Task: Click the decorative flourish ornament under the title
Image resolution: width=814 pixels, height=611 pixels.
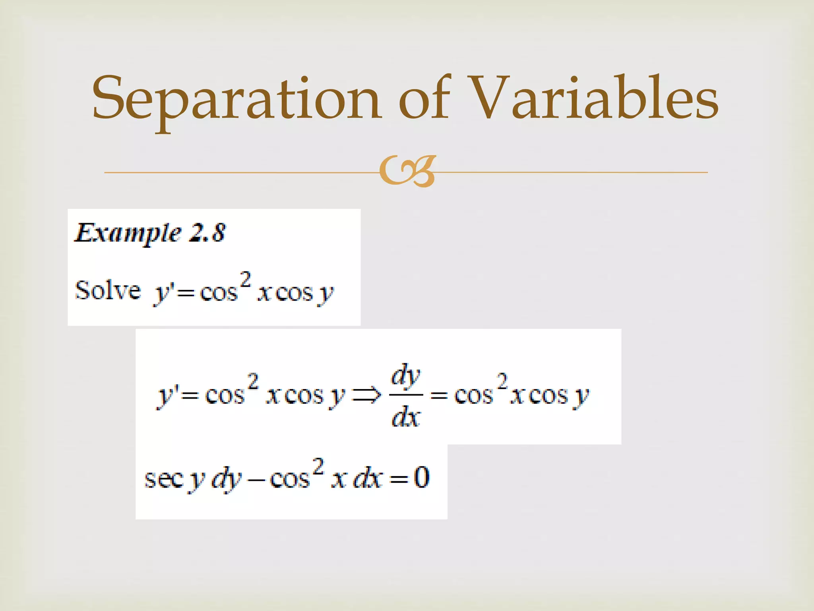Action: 407,171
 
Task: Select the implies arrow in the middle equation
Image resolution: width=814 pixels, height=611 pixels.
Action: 366,395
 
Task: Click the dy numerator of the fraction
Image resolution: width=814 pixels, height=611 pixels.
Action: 405,376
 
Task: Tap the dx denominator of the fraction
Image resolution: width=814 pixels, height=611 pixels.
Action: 405,418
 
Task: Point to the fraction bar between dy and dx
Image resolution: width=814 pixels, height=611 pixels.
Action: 405,395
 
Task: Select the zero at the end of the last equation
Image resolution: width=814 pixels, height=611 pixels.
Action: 422,477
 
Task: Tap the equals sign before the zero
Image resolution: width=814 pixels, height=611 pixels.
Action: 399,480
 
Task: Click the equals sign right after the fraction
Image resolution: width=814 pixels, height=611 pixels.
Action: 439,396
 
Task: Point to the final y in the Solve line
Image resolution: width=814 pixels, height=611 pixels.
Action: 327,294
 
